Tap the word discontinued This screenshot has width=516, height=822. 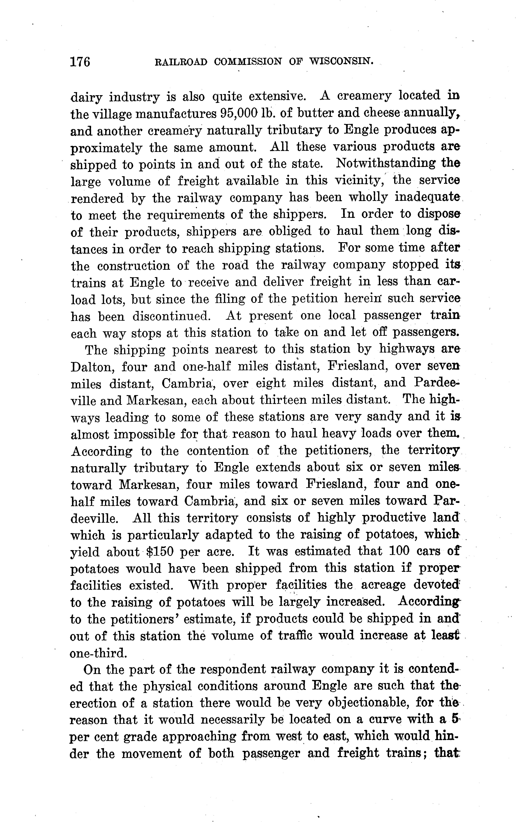click(x=171, y=316)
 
